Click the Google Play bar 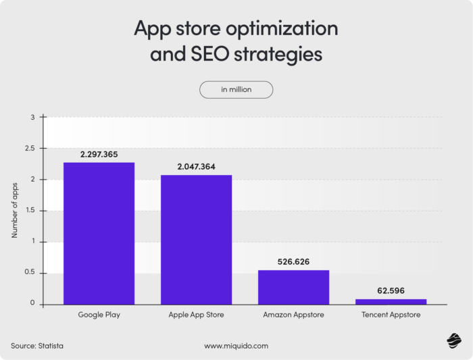pyautogui.click(x=99, y=233)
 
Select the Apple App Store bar pyautogui.click(x=196, y=240)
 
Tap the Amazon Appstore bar pyautogui.click(x=293, y=287)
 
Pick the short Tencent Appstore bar pyautogui.click(x=391, y=301)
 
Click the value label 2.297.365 pyautogui.click(x=99, y=155)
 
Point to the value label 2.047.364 pyautogui.click(x=196, y=166)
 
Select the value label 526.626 pyautogui.click(x=293, y=261)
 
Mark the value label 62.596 pyautogui.click(x=391, y=290)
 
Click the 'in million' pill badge pyautogui.click(x=236, y=90)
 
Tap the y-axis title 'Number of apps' pyautogui.click(x=14, y=210)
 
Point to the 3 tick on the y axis pyautogui.click(x=32, y=118)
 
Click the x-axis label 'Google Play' pyautogui.click(x=99, y=315)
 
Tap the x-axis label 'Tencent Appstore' pyautogui.click(x=391, y=315)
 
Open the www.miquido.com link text pyautogui.click(x=236, y=346)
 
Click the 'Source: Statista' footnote pyautogui.click(x=41, y=346)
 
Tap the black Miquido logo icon pyautogui.click(x=452, y=342)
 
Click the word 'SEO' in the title pyautogui.click(x=203, y=54)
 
